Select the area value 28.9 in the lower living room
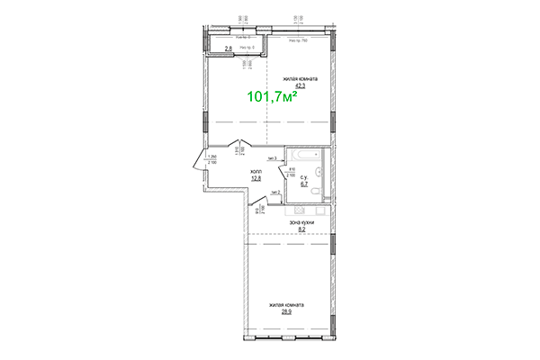286,312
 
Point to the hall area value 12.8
256,177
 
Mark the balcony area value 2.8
229,47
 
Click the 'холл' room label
256,169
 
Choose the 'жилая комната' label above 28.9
287,305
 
